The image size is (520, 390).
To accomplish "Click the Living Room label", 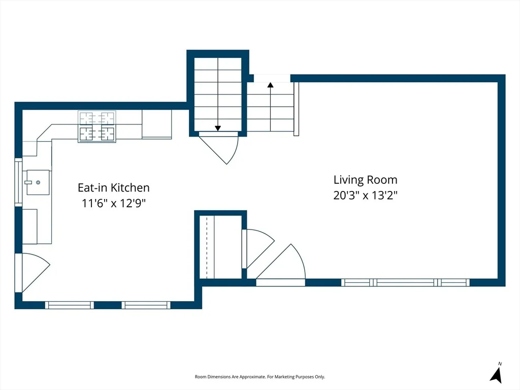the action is pos(365,180).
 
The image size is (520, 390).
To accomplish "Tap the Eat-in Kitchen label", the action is pos(113,188).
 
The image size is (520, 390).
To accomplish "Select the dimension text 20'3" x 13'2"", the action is pos(365,196).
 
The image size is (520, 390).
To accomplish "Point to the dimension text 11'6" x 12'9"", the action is pos(113,203).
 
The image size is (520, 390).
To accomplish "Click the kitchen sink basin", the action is pos(38,182).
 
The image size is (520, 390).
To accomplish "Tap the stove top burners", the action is pos(97,126).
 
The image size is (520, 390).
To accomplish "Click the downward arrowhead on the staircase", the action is pos(218,128).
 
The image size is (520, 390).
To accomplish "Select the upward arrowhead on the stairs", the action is pos(271,85).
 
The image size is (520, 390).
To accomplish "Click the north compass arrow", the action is pos(497,375).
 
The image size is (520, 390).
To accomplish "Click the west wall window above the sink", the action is pos(18,182).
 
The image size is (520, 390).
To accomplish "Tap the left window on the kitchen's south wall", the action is pos(69,305).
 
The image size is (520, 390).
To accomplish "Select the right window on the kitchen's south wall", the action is pos(146,305).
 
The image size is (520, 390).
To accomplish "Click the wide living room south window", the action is pos(405,282).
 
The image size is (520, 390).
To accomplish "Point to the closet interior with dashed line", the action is pos(220,247).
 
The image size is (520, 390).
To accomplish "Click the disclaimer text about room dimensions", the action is pos(259,377).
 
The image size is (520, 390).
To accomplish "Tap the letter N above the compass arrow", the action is pos(500,364).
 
